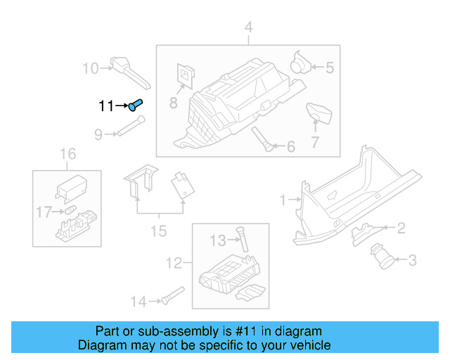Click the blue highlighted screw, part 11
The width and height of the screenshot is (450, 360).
click(x=136, y=105)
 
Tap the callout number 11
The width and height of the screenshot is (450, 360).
click(x=106, y=106)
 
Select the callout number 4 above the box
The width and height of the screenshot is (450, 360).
click(x=247, y=28)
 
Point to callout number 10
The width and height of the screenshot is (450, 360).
click(x=91, y=68)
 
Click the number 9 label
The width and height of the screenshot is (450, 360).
click(x=98, y=134)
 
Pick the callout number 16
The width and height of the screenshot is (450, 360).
click(x=67, y=154)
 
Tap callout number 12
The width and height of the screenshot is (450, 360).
click(x=174, y=264)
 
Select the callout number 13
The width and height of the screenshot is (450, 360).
click(x=218, y=241)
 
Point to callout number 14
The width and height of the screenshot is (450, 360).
click(x=138, y=302)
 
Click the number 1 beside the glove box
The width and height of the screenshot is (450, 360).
click(x=283, y=200)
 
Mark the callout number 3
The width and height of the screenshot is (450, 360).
click(x=413, y=261)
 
